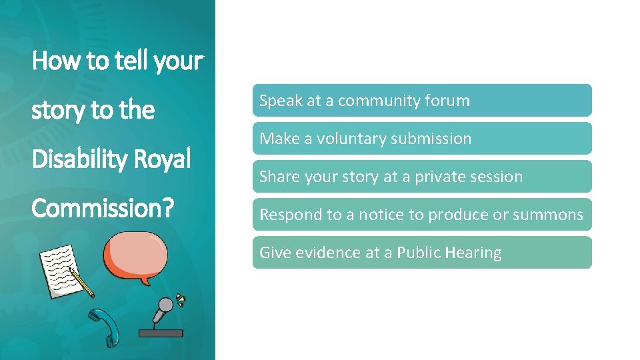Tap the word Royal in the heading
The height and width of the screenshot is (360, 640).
pyautogui.click(x=163, y=159)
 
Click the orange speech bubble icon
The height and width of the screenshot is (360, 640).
pyautogui.click(x=135, y=259)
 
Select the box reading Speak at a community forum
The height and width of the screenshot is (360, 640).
pyautogui.click(x=421, y=101)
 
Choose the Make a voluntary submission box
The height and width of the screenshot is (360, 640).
pyautogui.click(x=421, y=139)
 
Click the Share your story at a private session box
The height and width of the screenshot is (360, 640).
pyautogui.click(x=421, y=177)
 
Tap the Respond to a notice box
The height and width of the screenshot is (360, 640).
pyautogui.click(x=421, y=215)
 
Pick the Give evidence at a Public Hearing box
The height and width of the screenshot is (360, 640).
pyautogui.click(x=421, y=253)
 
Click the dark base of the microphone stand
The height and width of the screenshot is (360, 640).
pyautogui.click(x=159, y=331)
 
